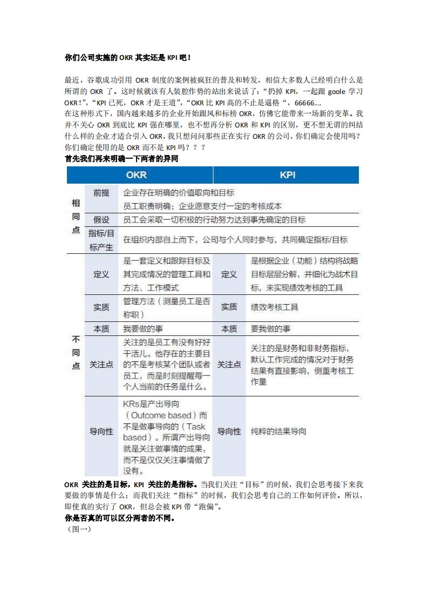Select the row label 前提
point(101,193)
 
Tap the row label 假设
point(101,219)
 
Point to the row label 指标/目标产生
point(101,240)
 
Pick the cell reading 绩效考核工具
point(275,307)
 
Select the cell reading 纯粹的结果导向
point(278,432)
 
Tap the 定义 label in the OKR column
point(101,274)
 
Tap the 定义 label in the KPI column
point(229,274)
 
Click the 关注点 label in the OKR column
point(101,365)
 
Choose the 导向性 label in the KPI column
point(229,432)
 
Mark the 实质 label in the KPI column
point(229,307)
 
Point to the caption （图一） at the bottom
point(78,529)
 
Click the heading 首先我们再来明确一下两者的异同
point(121,159)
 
